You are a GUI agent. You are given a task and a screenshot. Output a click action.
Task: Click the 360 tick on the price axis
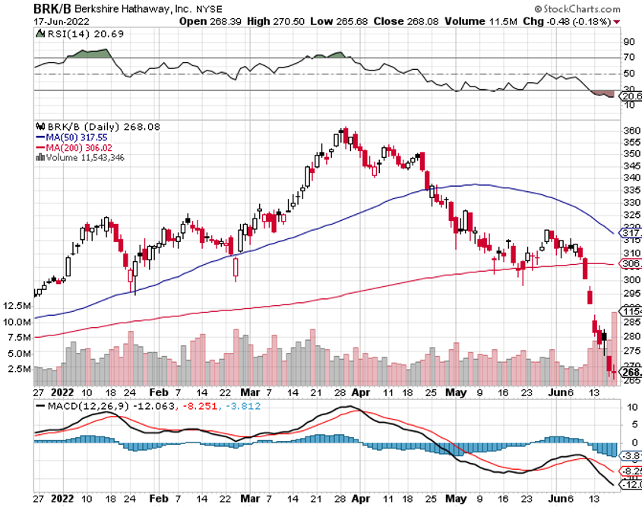coord(629,130)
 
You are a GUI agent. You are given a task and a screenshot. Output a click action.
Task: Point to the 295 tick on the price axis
coord(629,293)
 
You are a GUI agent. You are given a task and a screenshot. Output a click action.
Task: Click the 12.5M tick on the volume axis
coord(17,305)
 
